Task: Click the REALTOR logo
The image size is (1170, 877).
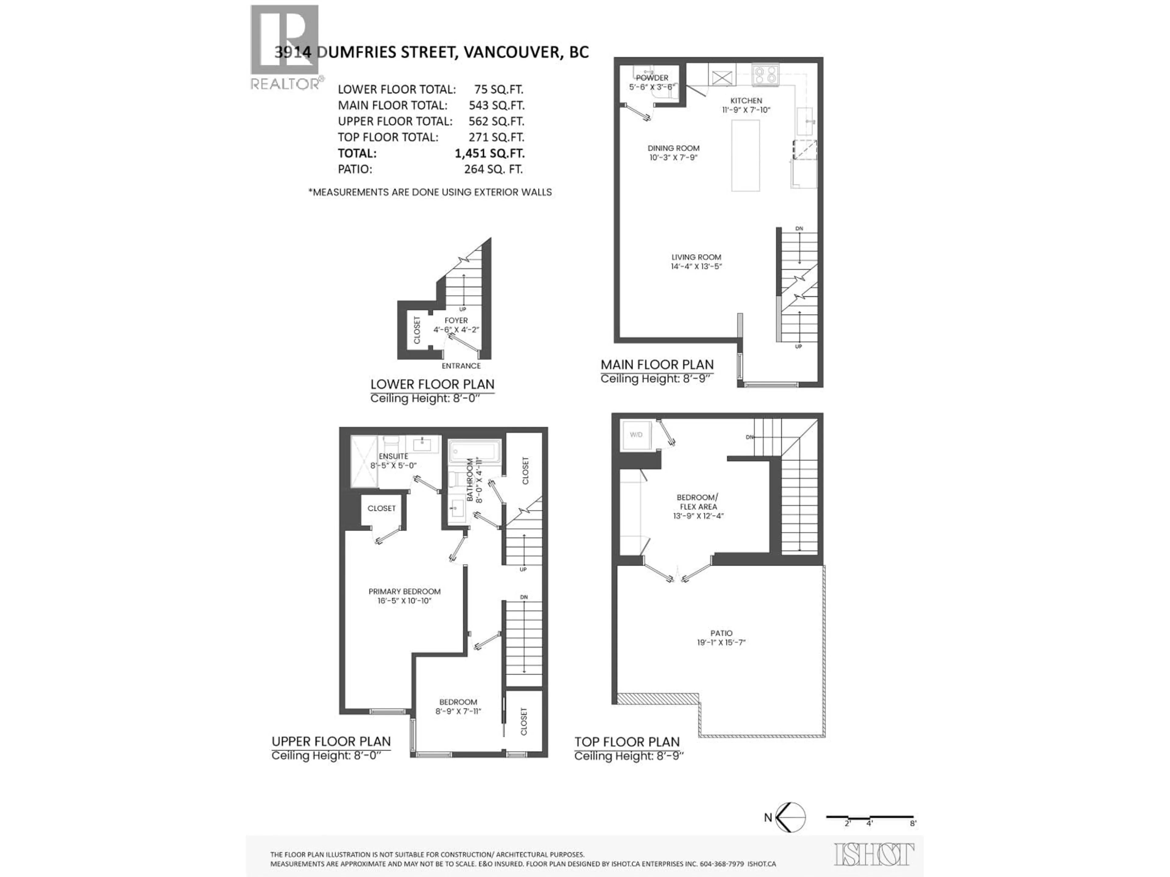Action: click(x=285, y=47)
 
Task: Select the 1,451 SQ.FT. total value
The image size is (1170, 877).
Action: click(x=489, y=153)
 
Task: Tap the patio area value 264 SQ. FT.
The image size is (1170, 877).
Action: click(x=493, y=169)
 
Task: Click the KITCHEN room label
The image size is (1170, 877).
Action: click(x=746, y=100)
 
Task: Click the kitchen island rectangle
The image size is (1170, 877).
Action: click(x=745, y=155)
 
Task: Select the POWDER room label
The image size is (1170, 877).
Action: click(x=652, y=78)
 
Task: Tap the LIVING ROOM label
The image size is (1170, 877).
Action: click(x=696, y=257)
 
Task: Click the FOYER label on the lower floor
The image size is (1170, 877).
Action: click(x=456, y=320)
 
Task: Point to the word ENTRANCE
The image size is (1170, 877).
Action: click(x=461, y=366)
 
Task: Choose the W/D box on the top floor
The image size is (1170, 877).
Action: click(x=636, y=435)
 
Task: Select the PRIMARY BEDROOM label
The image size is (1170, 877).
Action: click(x=405, y=592)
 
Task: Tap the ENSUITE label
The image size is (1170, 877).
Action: click(x=394, y=456)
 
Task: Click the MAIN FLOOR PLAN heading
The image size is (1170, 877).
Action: click(x=657, y=365)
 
